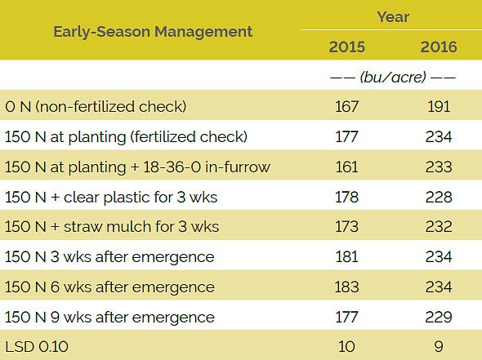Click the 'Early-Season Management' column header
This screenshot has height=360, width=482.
(x=153, y=32)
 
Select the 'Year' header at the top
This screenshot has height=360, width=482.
(x=393, y=16)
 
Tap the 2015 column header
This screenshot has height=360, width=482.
(x=346, y=47)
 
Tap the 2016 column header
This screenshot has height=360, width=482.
(x=439, y=47)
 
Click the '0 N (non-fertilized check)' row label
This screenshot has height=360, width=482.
(x=96, y=106)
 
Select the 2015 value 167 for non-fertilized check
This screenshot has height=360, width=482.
(x=346, y=106)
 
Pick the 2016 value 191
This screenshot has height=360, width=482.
(x=439, y=106)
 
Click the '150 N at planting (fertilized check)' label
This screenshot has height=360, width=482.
(x=126, y=136)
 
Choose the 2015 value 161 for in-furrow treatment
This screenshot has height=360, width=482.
(x=346, y=167)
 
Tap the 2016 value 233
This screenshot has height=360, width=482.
(x=439, y=167)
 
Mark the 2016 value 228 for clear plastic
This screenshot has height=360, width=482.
(x=439, y=197)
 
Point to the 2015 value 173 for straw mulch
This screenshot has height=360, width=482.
(x=346, y=227)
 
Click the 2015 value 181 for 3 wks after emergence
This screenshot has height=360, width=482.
(x=346, y=257)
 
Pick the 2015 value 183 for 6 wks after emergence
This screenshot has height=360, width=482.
(x=346, y=287)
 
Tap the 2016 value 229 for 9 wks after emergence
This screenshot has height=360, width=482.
(x=439, y=317)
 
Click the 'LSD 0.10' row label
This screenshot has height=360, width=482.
(x=36, y=347)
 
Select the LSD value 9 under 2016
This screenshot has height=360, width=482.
(x=439, y=347)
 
